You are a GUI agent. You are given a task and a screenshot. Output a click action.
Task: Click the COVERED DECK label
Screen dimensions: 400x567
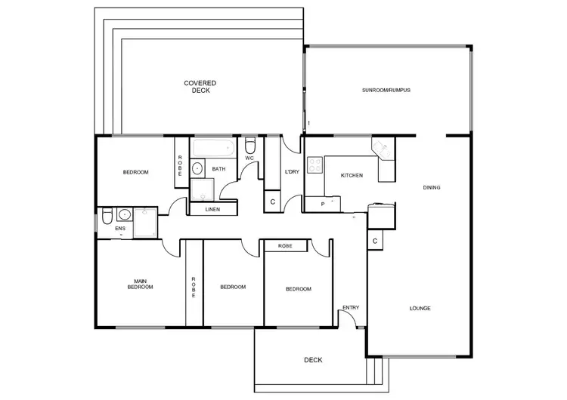pyautogui.click(x=200, y=86)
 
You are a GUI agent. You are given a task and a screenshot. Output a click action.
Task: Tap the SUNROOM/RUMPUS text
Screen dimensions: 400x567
pyautogui.click(x=386, y=90)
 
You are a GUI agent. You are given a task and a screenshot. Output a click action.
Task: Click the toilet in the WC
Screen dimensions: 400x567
pyautogui.click(x=251, y=145)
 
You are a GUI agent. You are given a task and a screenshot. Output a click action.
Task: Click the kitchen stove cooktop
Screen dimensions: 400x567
pyautogui.click(x=315, y=165)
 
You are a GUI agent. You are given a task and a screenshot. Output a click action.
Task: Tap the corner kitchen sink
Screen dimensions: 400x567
pyautogui.click(x=381, y=149)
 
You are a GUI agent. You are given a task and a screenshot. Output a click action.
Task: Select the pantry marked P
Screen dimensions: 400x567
pyautogui.click(x=323, y=204)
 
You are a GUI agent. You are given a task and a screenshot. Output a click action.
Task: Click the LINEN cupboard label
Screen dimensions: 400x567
pyautogui.click(x=212, y=209)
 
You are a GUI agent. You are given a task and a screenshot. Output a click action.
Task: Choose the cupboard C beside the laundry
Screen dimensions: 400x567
pyautogui.click(x=272, y=202)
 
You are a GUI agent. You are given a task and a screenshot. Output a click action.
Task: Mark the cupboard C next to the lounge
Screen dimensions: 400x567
pyautogui.click(x=375, y=241)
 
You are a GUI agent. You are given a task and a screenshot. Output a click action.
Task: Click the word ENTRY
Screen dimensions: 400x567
pyautogui.click(x=351, y=307)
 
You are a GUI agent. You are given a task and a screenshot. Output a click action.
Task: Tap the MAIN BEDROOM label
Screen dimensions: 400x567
pyautogui.click(x=140, y=284)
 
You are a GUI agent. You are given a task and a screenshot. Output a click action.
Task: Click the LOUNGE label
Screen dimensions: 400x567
pyautogui.click(x=420, y=308)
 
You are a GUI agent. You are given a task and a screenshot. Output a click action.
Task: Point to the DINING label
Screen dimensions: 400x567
pyautogui.click(x=432, y=188)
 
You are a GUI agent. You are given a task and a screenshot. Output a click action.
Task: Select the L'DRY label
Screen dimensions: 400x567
pyautogui.click(x=292, y=172)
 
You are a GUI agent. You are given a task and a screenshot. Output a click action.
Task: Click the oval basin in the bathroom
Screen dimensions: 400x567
pyautogui.click(x=197, y=168)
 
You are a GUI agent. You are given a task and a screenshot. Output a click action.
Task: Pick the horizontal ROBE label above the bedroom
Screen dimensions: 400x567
pyautogui.click(x=285, y=246)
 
